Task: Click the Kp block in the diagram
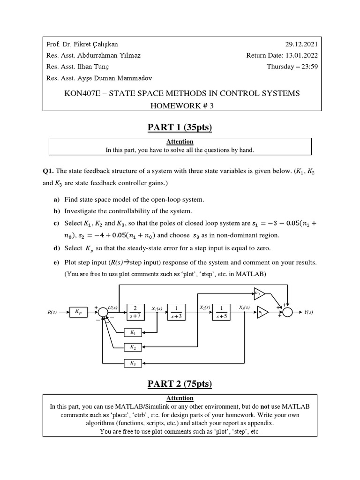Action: click(x=78, y=311)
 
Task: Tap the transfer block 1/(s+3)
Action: click(x=176, y=312)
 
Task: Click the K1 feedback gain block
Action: click(x=133, y=332)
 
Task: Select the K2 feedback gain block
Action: click(x=133, y=347)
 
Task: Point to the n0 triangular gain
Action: click(x=259, y=294)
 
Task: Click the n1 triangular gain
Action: click(x=262, y=312)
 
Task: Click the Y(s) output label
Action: click(x=308, y=312)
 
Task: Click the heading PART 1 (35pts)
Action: click(x=180, y=127)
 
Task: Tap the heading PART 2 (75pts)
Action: click(x=180, y=384)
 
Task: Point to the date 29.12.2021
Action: click(x=301, y=45)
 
